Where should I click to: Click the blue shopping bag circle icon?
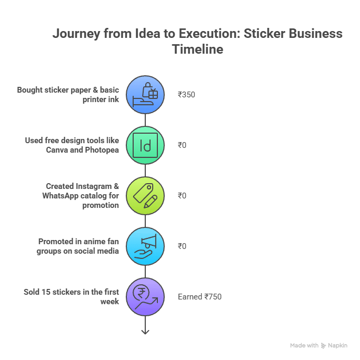click(x=146, y=95)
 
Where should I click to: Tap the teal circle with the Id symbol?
click(x=146, y=145)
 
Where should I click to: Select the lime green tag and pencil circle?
click(x=146, y=196)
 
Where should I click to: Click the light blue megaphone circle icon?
click(x=146, y=246)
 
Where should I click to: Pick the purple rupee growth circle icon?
click(x=146, y=297)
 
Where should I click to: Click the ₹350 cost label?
click(x=186, y=95)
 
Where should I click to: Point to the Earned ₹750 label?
click(x=199, y=297)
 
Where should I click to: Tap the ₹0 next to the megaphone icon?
click(x=182, y=246)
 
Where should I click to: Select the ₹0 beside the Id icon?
click(x=182, y=145)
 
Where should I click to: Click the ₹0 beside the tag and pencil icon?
click(x=182, y=196)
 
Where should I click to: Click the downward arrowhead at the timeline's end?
click(x=146, y=331)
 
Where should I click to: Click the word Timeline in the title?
click(x=197, y=49)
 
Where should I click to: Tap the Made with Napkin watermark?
click(x=318, y=345)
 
